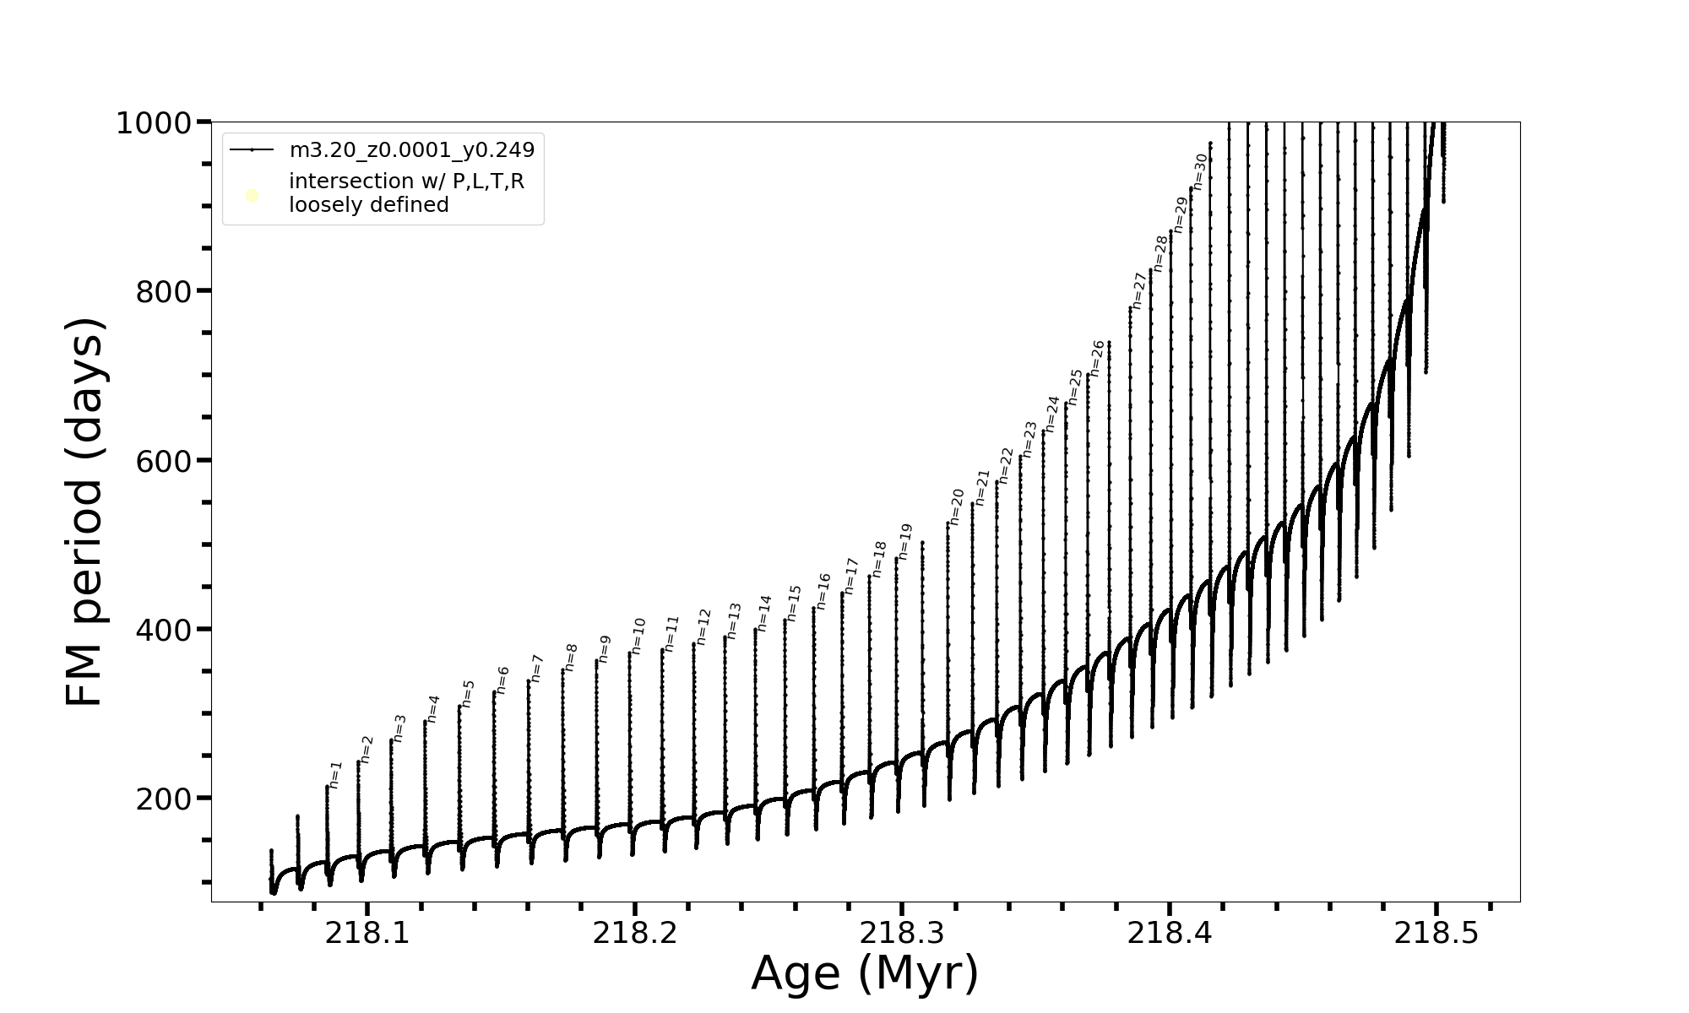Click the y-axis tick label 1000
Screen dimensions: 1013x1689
[155, 123]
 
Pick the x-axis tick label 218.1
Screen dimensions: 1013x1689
[367, 934]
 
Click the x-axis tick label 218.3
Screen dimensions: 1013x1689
[902, 934]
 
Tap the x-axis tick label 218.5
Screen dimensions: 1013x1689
[1436, 934]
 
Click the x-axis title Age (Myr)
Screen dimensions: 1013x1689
[865, 973]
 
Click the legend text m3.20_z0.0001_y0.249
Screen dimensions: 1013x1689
[412, 150]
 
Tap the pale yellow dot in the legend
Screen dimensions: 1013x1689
[252, 196]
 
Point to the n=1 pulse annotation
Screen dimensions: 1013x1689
[335, 775]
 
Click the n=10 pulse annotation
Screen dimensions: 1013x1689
[638, 636]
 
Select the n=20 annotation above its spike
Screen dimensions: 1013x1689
[957, 506]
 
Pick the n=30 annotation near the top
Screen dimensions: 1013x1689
[1200, 171]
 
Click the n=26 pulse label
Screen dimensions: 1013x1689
[1097, 358]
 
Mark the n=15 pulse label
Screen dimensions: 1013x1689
[794, 603]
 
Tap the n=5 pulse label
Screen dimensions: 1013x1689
[468, 694]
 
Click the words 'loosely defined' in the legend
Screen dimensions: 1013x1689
[368, 205]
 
